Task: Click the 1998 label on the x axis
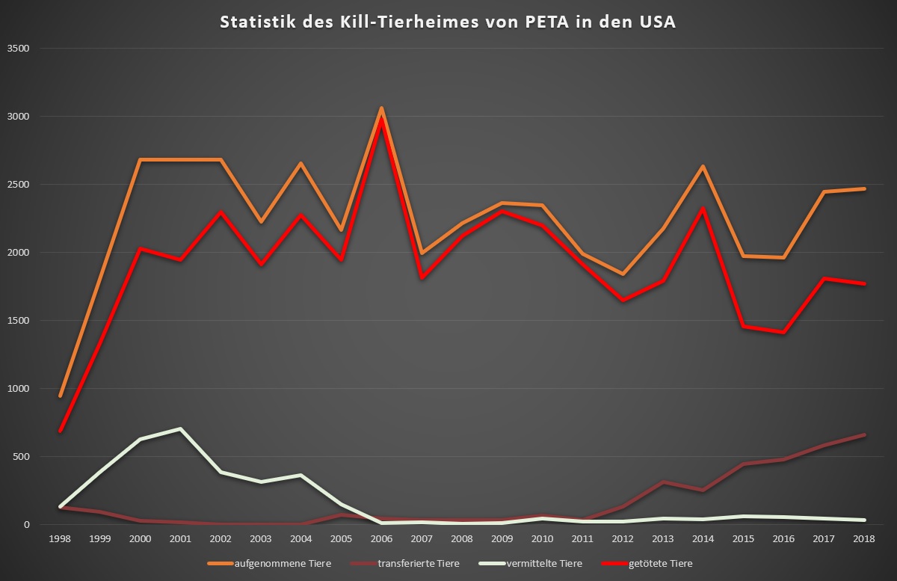(60, 538)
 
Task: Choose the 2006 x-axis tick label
(381, 538)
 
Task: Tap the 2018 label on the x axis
(864, 538)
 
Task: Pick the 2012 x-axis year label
(623, 538)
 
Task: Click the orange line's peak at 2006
(381, 108)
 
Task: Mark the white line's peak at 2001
(180, 429)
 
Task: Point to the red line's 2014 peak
(703, 209)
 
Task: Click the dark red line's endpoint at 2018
(864, 435)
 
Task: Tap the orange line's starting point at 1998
(60, 396)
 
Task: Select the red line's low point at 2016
(783, 333)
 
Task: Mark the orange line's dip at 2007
(422, 253)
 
